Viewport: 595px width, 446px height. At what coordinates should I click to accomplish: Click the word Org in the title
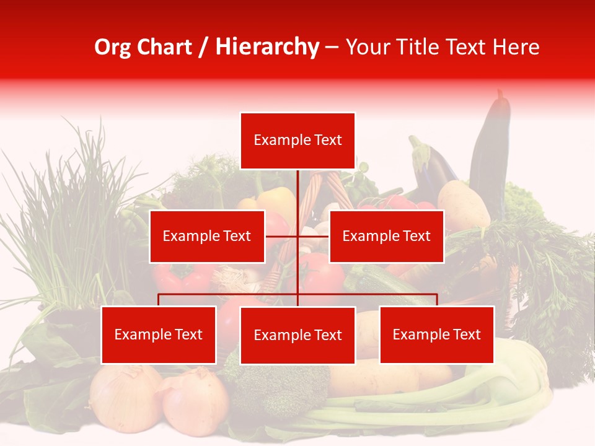click(x=113, y=47)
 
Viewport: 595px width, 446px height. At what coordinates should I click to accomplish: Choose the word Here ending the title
click(x=516, y=47)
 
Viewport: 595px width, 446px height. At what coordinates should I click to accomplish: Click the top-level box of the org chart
click(x=297, y=141)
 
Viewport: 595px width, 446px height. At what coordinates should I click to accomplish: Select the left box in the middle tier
click(x=207, y=237)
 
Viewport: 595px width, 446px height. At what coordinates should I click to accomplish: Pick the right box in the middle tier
click(x=386, y=237)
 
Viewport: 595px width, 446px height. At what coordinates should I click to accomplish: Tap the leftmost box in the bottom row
click(x=159, y=335)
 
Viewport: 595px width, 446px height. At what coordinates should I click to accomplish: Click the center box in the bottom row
click(x=297, y=336)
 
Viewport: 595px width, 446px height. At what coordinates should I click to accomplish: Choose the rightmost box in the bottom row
click(x=437, y=335)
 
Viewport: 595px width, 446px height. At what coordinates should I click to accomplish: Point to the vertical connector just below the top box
click(x=297, y=186)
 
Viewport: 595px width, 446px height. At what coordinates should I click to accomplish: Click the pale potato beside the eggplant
click(x=463, y=204)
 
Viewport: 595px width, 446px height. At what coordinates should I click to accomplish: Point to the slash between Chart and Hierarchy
click(x=203, y=47)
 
